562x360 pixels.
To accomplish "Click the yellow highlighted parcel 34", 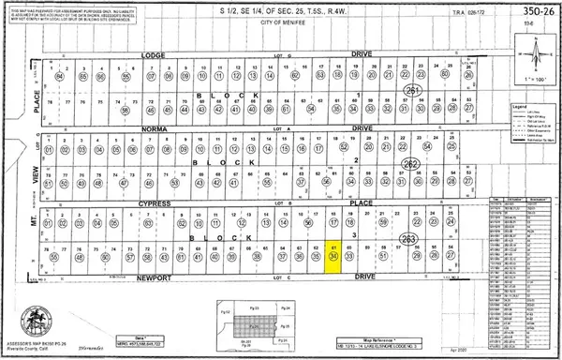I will (x=334, y=256).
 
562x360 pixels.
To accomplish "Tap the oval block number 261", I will (x=412, y=89).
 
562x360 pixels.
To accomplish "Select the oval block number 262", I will (x=409, y=163).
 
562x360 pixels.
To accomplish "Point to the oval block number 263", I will (x=407, y=238).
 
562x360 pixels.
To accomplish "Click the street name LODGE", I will (x=152, y=55).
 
